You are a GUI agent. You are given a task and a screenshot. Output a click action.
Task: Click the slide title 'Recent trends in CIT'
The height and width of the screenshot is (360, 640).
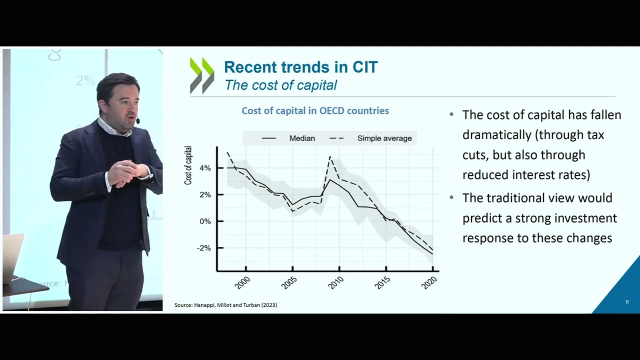tap(300, 67)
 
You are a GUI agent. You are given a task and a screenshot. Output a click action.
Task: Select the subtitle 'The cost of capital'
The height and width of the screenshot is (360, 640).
tap(280, 85)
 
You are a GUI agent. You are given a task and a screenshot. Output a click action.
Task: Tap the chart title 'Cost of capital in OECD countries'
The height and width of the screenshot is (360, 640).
tap(315, 110)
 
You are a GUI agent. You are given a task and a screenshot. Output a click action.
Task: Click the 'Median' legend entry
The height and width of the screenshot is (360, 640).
tap(302, 138)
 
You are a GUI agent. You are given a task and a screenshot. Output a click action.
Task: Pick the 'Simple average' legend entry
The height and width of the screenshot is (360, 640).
tap(384, 138)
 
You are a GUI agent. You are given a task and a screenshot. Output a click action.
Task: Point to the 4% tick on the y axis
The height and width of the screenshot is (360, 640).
tap(205, 168)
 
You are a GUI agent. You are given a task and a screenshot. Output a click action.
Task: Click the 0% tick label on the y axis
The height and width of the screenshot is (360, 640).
tap(205, 221)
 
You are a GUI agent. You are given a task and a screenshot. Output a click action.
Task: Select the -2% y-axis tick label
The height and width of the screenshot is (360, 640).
tap(203, 248)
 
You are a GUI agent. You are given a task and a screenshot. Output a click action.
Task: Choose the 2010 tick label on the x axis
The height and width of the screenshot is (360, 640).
tap(335, 282)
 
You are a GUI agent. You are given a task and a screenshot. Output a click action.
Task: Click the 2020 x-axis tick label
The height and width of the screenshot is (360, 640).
tap(429, 282)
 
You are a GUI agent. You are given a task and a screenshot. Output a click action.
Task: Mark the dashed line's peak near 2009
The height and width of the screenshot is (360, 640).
tap(330, 157)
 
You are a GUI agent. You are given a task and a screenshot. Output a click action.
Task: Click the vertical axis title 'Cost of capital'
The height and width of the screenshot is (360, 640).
tap(188, 165)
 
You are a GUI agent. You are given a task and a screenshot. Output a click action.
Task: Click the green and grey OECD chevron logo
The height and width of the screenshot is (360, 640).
tap(202, 76)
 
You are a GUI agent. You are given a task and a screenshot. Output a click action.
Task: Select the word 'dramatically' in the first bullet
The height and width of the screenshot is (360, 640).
tap(493, 135)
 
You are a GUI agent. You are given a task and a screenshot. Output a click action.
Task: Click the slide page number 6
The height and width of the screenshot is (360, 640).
tap(627, 302)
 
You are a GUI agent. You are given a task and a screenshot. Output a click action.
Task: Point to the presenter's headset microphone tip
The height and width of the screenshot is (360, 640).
tap(137, 121)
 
